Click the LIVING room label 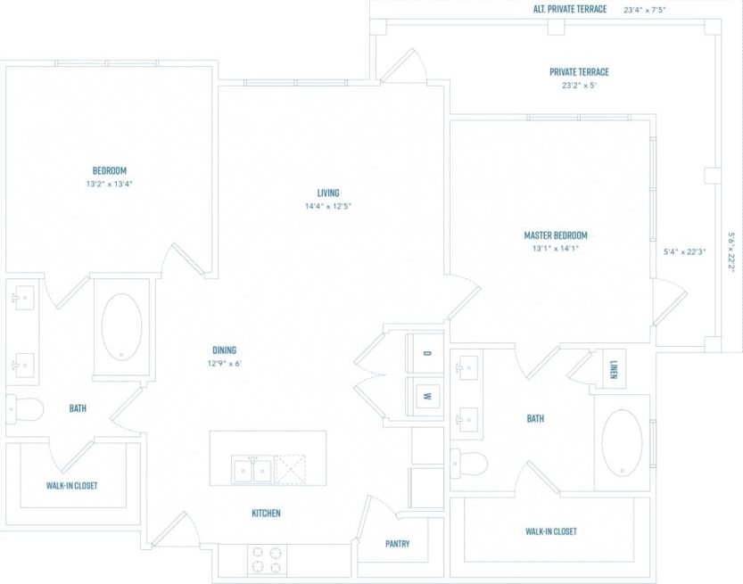pyautogui.click(x=328, y=193)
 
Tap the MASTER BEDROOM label pyautogui.click(x=555, y=235)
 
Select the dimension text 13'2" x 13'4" pyautogui.click(x=109, y=184)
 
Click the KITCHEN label pyautogui.click(x=266, y=513)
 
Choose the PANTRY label pyautogui.click(x=397, y=543)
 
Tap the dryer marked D pyautogui.click(x=426, y=354)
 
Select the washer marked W pyautogui.click(x=426, y=396)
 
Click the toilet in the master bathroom pyautogui.click(x=470, y=463)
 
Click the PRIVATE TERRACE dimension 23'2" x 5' pyautogui.click(x=580, y=86)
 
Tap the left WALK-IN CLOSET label pyautogui.click(x=71, y=486)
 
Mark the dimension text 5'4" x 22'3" pyautogui.click(x=685, y=251)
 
